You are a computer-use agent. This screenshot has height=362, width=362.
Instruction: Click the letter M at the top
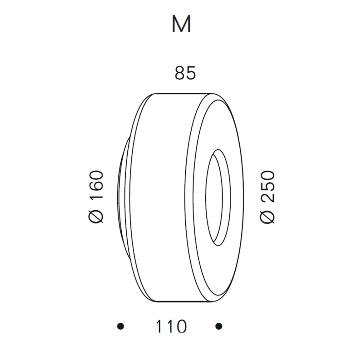coord(181,25)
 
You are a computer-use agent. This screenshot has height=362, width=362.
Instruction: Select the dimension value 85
coord(185,73)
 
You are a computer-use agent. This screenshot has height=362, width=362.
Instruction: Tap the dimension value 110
coord(171,326)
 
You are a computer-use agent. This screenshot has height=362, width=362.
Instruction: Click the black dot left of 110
coord(120,326)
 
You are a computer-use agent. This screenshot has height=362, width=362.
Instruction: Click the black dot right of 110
coord(219,326)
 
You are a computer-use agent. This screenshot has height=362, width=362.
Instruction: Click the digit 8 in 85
coord(180,73)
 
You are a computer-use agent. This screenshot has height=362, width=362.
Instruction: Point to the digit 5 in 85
coord(190,73)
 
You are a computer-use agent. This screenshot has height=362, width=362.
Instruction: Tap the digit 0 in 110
coord(181,326)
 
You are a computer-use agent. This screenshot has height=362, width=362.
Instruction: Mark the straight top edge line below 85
coord(184,93)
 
